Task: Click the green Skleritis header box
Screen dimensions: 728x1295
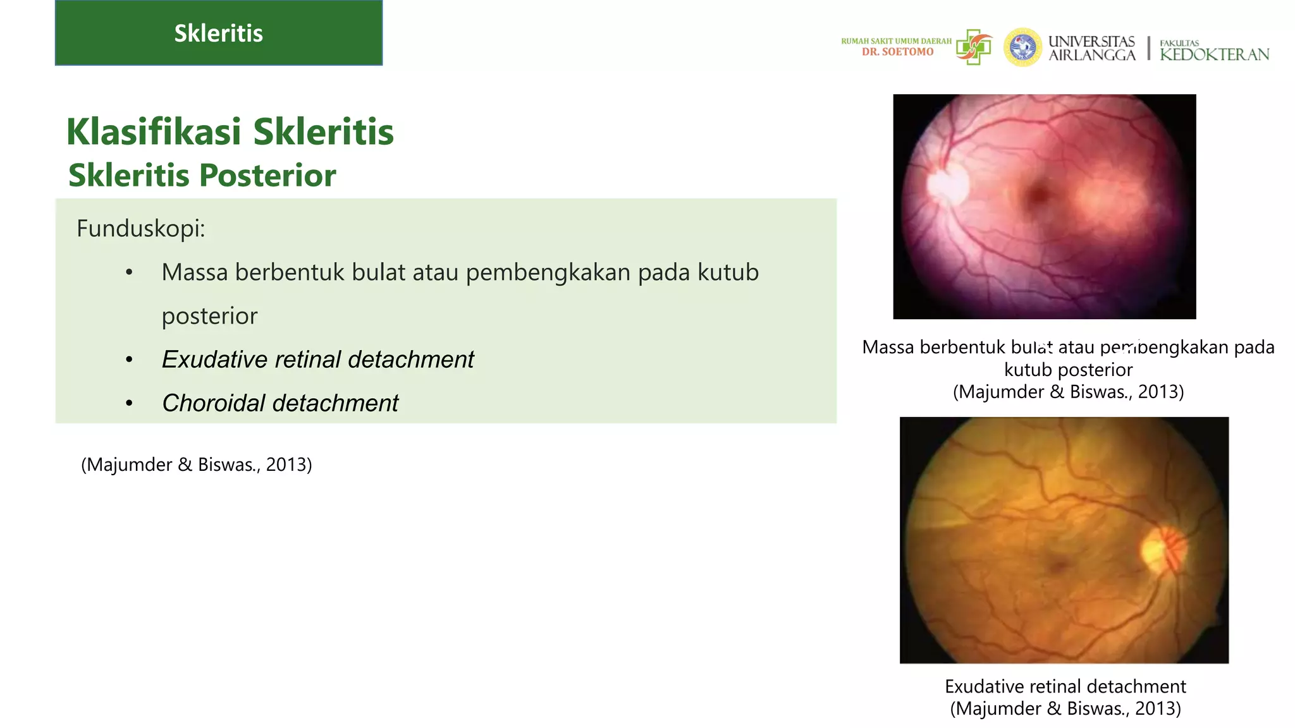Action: (x=218, y=33)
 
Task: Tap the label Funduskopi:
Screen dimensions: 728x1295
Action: (x=140, y=228)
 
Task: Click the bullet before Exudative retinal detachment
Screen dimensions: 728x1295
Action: (x=129, y=360)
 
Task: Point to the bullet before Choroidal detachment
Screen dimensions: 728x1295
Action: (x=129, y=403)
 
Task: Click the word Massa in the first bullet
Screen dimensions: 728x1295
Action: (x=194, y=272)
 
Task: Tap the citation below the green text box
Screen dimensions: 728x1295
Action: (x=196, y=464)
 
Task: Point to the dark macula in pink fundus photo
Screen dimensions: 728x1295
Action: (x=1038, y=195)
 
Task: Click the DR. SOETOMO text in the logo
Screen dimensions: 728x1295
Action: (x=897, y=52)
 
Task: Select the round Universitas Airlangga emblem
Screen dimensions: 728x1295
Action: (x=1022, y=47)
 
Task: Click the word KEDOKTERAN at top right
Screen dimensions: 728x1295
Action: (x=1214, y=55)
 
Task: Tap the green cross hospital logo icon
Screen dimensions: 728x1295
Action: (x=974, y=47)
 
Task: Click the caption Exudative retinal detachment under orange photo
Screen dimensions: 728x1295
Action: (x=1065, y=686)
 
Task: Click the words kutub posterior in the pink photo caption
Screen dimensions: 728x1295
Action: (x=1068, y=370)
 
